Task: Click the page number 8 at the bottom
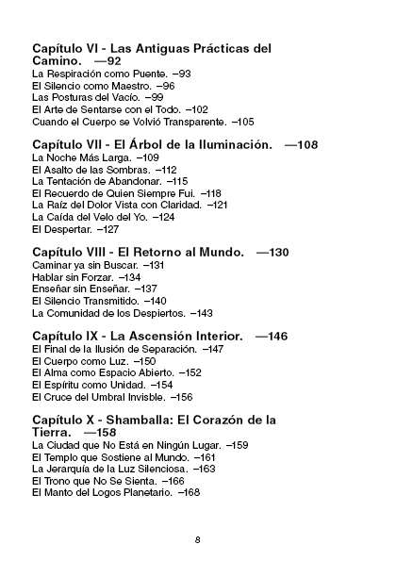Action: (198, 539)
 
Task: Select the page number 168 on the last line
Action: (190, 492)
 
